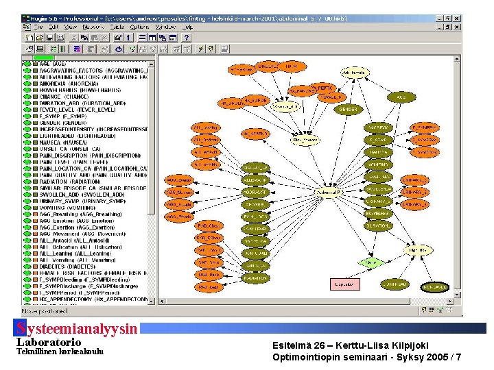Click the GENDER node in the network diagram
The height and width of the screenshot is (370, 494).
coord(348,109)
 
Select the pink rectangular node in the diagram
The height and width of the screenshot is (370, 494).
coord(342,284)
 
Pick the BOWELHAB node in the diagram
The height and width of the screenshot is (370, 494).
coord(378,214)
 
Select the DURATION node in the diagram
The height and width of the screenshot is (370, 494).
coord(378,226)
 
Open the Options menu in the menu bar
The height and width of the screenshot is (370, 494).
coord(139,26)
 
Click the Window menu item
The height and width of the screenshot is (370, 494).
coord(165,26)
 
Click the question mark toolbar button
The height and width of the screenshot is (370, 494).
coord(186,38)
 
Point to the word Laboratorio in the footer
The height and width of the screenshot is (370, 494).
coord(48,342)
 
